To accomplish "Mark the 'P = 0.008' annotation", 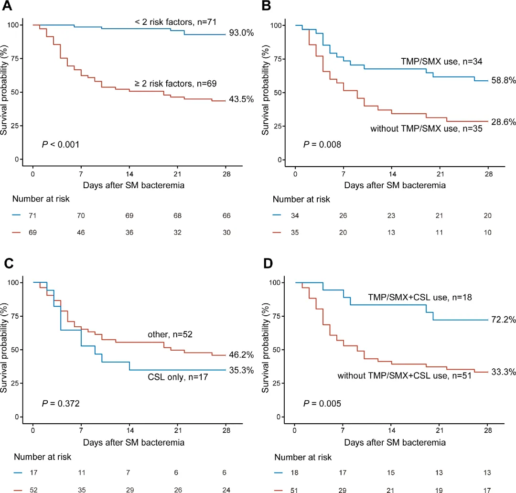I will tap(322, 145).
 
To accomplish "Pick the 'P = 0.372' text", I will tap(61, 404).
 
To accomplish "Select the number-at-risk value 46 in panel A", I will tap(81, 232).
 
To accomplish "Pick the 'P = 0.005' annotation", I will tap(322, 404).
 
